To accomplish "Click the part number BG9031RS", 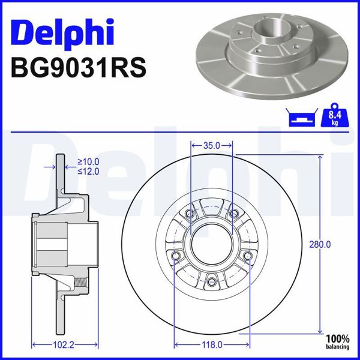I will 79,66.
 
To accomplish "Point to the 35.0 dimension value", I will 212,145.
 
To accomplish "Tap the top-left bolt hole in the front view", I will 191,214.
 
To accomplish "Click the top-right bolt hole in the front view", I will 233,214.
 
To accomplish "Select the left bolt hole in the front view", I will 176,257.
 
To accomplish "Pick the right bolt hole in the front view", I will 248,257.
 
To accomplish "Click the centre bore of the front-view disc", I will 212,246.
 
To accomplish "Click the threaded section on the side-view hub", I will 83,281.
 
